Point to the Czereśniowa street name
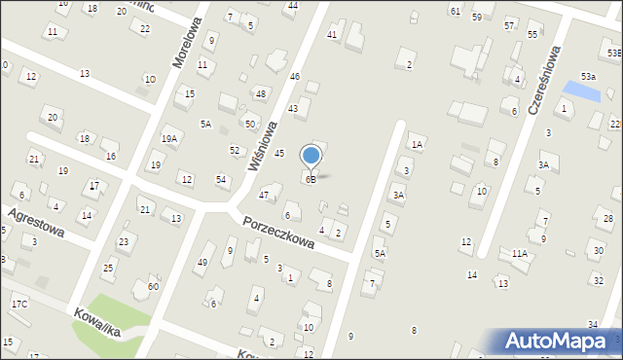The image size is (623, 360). pyautogui.click(x=546, y=79)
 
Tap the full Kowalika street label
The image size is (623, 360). pyautogui.click(x=94, y=323)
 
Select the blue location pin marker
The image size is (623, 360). pyautogui.click(x=311, y=157)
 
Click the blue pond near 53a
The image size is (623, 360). pyautogui.click(x=583, y=90)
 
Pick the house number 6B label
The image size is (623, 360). pyautogui.click(x=311, y=180)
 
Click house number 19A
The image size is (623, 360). pyautogui.click(x=169, y=139)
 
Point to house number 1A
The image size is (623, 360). pyautogui.click(x=417, y=145)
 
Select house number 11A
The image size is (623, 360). pyautogui.click(x=520, y=254)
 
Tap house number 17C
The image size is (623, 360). pyautogui.click(x=19, y=305)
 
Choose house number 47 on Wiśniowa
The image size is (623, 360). pyautogui.click(x=263, y=196)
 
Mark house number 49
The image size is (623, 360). pyautogui.click(x=202, y=262)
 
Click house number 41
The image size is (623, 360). pyautogui.click(x=332, y=35)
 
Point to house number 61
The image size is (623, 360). pyautogui.click(x=455, y=11)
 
